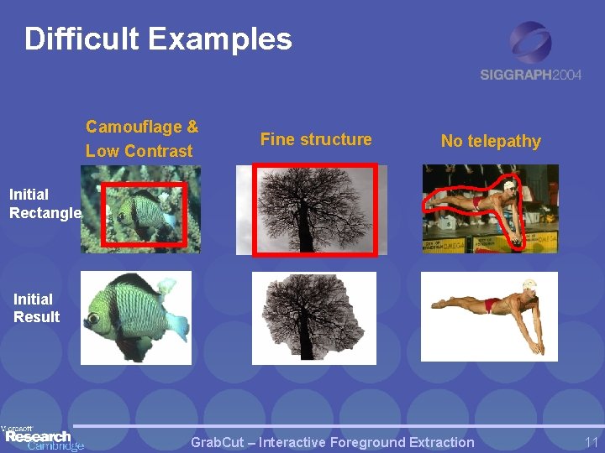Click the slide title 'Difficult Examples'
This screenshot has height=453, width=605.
[158, 39]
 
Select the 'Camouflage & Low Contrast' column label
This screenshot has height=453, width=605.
[141, 138]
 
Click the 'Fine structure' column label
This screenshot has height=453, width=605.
[316, 139]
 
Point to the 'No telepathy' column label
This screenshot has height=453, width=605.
[491, 141]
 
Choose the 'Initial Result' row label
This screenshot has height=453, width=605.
[36, 308]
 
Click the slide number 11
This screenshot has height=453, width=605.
[590, 442]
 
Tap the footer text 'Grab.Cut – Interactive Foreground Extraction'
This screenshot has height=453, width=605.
[333, 442]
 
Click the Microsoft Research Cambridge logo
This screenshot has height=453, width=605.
[42, 436]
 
